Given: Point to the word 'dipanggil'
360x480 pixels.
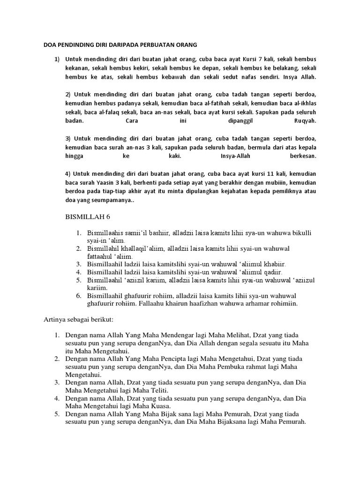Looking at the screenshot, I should [234, 120].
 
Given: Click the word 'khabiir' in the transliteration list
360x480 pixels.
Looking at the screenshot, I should [271, 264].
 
